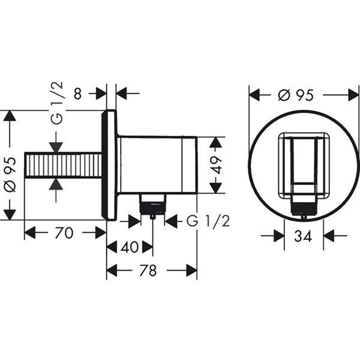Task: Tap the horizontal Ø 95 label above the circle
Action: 296,95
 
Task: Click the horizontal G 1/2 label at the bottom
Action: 208,221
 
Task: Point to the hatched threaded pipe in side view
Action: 63,165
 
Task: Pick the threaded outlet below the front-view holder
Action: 303,207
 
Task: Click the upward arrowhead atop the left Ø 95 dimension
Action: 9,115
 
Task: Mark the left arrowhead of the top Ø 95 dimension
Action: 254,95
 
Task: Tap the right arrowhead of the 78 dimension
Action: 192,271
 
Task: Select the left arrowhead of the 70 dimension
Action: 29,233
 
